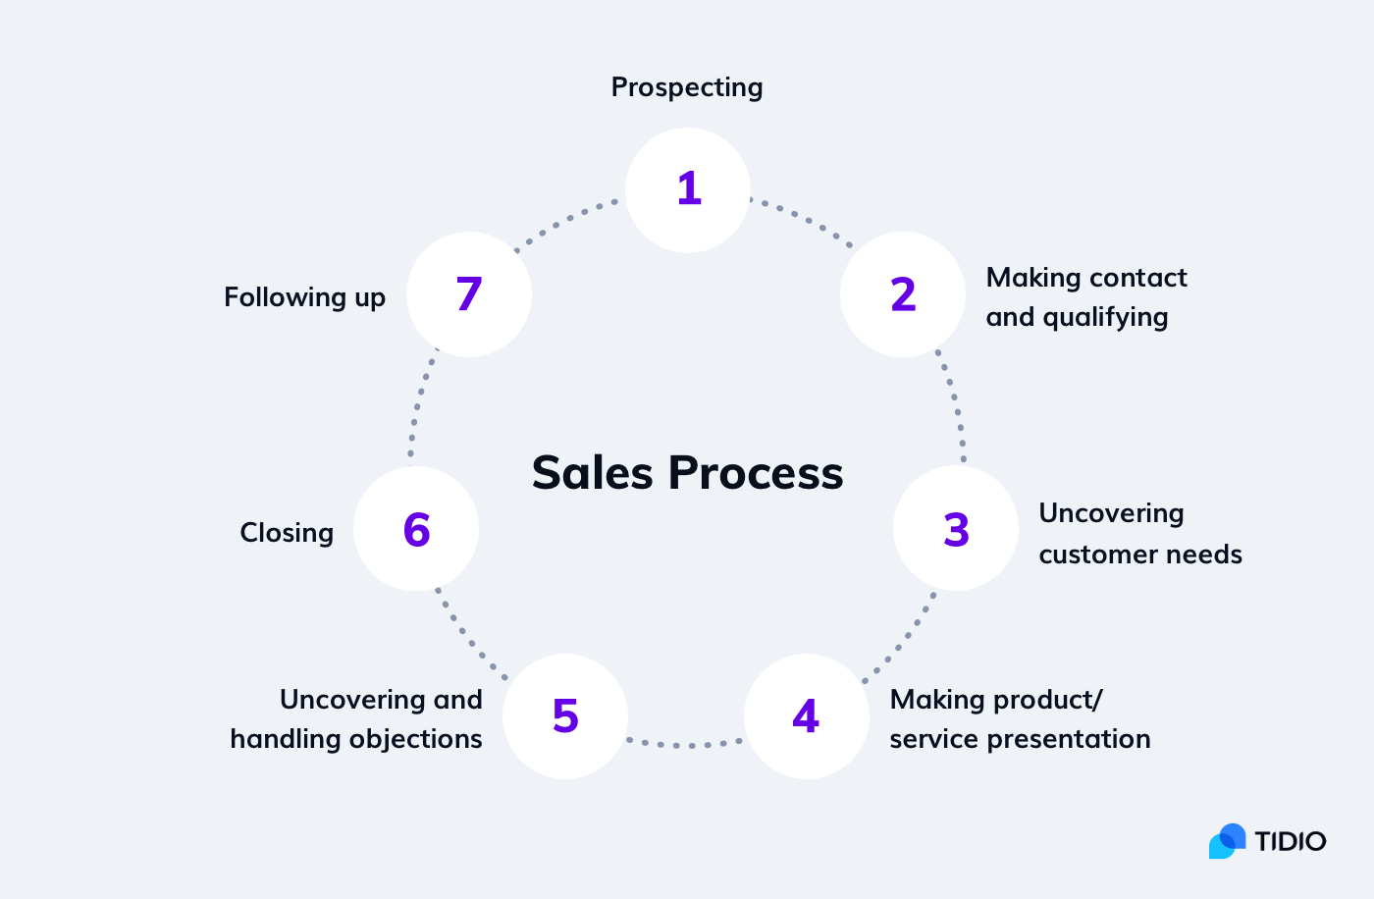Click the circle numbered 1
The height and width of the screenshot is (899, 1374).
(688, 190)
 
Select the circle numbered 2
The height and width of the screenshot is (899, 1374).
(903, 294)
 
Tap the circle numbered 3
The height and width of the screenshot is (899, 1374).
(956, 529)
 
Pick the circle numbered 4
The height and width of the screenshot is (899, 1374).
(807, 716)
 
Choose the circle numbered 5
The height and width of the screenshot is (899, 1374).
(565, 716)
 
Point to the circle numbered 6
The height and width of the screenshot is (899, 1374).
(416, 529)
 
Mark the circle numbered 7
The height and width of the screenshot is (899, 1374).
(469, 294)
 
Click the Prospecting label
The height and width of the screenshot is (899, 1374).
(687, 88)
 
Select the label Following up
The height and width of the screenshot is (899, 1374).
(304, 297)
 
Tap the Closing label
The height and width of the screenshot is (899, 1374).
(287, 533)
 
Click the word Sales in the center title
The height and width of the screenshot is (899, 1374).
(592, 473)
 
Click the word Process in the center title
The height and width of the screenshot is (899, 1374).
(756, 473)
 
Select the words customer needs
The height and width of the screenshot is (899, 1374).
(1140, 555)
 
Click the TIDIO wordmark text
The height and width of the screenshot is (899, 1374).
(1290, 841)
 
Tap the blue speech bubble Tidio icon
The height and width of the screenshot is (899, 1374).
(1227, 841)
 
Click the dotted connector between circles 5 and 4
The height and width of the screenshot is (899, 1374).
(686, 745)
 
